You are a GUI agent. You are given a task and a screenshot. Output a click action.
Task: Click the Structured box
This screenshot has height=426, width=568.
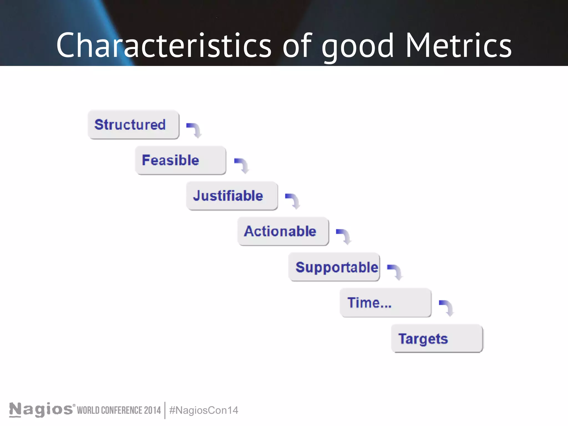(x=133, y=125)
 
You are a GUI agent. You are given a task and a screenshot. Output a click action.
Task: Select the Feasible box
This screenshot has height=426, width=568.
(x=180, y=160)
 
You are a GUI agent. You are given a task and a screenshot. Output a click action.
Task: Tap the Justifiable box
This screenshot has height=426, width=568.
(x=232, y=196)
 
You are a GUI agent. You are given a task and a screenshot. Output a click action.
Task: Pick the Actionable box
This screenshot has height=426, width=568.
(x=283, y=231)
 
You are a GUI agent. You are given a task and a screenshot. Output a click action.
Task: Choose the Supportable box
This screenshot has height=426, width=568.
(x=334, y=267)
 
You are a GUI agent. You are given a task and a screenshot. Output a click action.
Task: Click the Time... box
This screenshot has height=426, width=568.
(x=386, y=303)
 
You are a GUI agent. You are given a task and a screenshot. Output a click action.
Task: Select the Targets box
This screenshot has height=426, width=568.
(x=437, y=338)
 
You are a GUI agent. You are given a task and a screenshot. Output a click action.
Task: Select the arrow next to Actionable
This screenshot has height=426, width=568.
(x=344, y=236)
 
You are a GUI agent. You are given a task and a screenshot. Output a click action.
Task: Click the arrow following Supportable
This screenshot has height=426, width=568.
(x=395, y=272)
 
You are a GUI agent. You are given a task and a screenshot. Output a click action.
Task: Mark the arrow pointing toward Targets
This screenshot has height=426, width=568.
(x=447, y=308)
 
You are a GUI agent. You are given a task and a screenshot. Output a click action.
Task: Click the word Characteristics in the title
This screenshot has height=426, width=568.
(x=164, y=45)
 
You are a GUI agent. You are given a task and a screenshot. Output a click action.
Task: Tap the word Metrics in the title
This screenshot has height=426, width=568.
(x=458, y=45)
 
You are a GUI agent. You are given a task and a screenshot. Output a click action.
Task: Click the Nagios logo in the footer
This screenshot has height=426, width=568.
(x=41, y=410)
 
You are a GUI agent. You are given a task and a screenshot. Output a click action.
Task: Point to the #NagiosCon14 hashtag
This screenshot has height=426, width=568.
(x=204, y=410)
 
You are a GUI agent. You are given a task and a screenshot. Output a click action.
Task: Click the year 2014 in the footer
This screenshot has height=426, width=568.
(x=152, y=410)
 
